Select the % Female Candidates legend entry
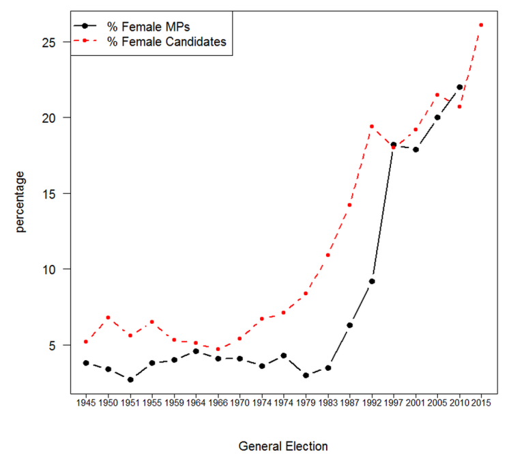click(166, 42)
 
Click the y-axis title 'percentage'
click(21, 201)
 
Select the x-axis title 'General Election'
click(283, 446)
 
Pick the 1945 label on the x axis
click(86, 404)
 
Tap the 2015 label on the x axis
click(482, 404)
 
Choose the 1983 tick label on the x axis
click(327, 404)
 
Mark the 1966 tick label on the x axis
click(218, 404)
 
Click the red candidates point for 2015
click(481, 25)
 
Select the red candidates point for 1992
click(371, 126)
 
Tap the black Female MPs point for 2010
click(459, 87)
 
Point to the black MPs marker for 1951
click(130, 380)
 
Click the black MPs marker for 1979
click(306, 375)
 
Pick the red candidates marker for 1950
click(108, 318)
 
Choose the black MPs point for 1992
click(371, 281)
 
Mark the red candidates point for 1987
click(349, 205)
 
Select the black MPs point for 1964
click(196, 351)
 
